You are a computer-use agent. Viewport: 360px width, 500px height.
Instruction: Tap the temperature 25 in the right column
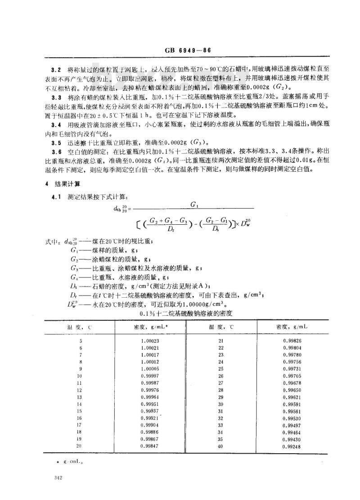[x=220, y=369]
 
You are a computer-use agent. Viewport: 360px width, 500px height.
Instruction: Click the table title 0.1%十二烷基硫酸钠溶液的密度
[x=186, y=313]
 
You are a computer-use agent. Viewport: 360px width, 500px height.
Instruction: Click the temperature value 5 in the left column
[x=81, y=341]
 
